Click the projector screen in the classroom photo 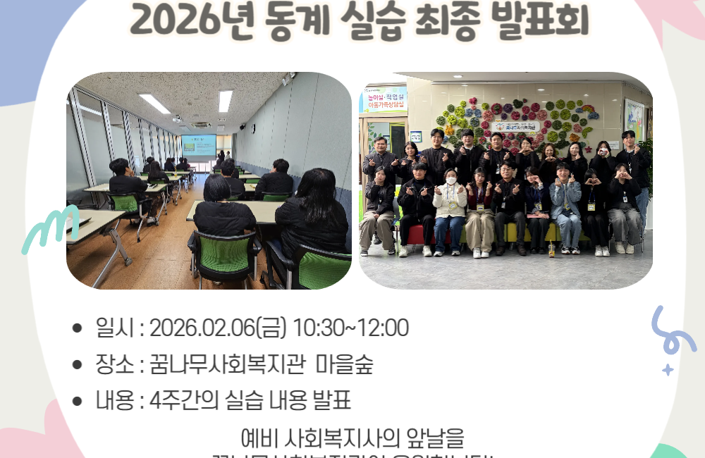pyautogui.click(x=199, y=144)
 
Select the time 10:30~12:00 pyautogui.click(x=350, y=328)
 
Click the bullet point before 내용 pyautogui.click(x=78, y=402)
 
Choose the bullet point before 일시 pyautogui.click(x=78, y=328)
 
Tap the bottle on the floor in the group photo pyautogui.click(x=551, y=250)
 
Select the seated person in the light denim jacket pyautogui.click(x=565, y=204)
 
